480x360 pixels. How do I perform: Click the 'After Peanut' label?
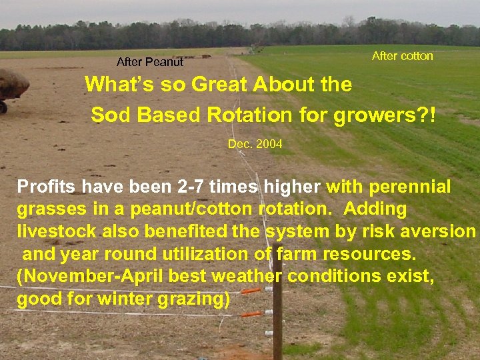click(x=150, y=63)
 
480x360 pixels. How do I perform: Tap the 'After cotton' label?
click(x=402, y=56)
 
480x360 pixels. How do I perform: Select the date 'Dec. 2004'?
click(x=255, y=144)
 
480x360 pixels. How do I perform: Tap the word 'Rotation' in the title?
click(x=249, y=115)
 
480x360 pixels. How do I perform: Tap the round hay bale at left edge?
click(x=12, y=85)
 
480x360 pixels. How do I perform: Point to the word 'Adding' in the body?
click(x=375, y=209)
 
